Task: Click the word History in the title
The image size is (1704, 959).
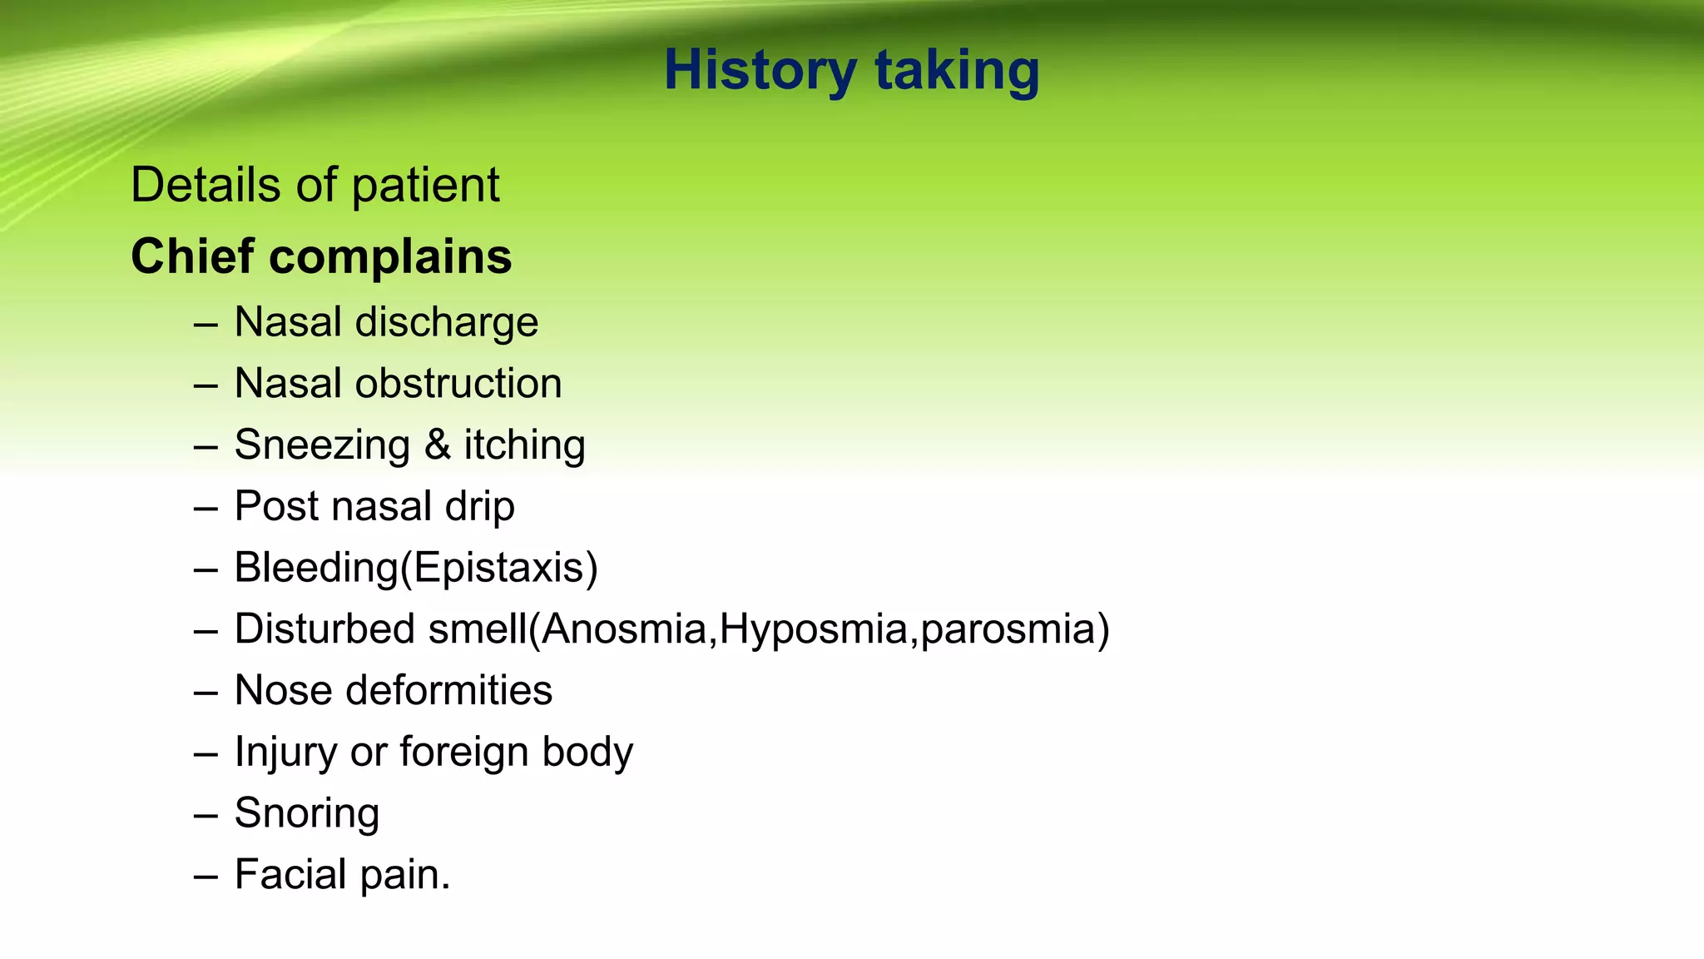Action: (760, 71)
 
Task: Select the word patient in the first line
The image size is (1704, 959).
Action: (425, 186)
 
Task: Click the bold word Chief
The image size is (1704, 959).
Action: (192, 256)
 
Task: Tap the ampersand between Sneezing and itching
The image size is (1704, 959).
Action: (438, 445)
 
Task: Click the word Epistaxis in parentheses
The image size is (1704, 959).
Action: (498, 569)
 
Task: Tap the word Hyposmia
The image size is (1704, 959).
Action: (813, 629)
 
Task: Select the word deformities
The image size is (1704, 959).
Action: (448, 691)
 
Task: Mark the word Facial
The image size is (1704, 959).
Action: (290, 875)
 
